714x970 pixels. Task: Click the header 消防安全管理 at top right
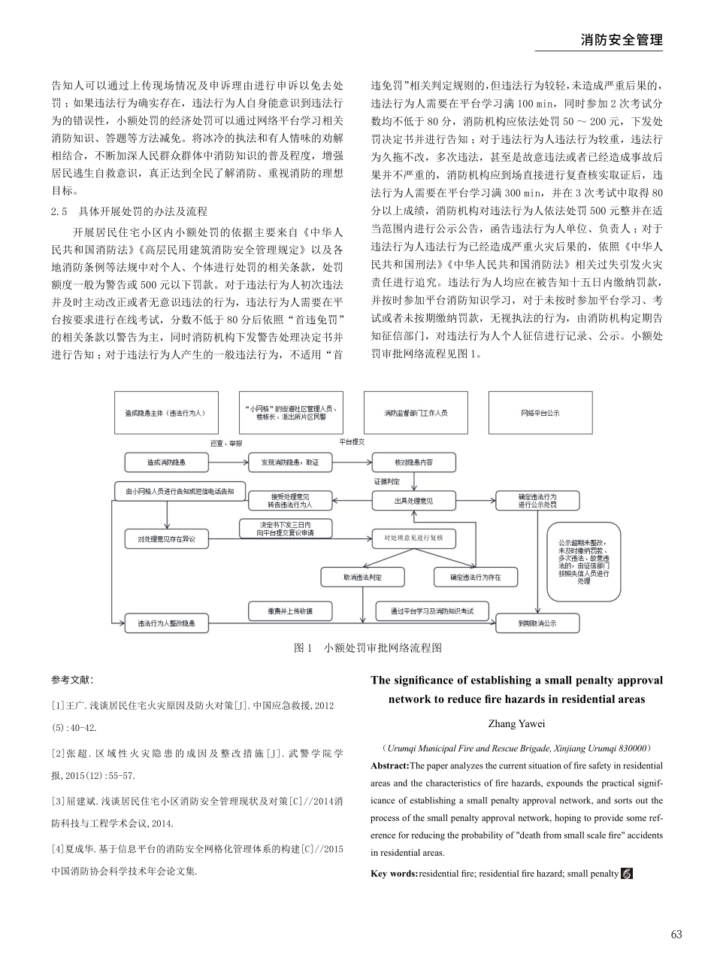pos(622,40)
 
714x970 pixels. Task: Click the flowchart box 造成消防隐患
pos(165,462)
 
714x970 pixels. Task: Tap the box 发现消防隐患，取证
pos(289,462)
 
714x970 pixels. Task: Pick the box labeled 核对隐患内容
pos(413,462)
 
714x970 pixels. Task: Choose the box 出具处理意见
pos(413,501)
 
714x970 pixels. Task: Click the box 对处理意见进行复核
pos(413,538)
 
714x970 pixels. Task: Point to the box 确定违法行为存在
pos(474,577)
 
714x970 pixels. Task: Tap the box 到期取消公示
pos(537,623)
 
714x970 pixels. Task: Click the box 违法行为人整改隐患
pos(165,623)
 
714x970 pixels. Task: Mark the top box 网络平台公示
pos(540,413)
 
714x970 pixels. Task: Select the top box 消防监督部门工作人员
pos(416,413)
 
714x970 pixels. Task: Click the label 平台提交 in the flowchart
pos(351,441)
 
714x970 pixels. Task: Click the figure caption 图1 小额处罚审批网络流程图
pos(368,647)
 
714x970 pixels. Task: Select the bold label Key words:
pos(394,874)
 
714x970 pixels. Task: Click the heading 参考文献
pos(72,680)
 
